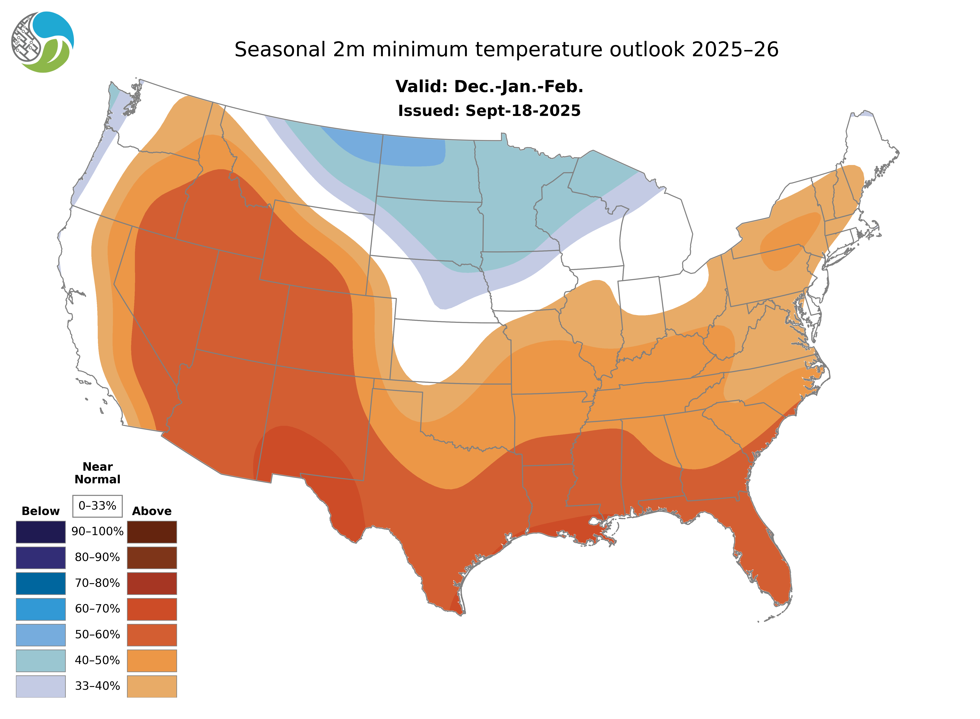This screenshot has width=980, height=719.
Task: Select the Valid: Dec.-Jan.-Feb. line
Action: pos(489,87)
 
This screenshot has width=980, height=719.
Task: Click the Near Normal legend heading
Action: pos(97,473)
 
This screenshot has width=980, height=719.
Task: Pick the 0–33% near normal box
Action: pos(97,506)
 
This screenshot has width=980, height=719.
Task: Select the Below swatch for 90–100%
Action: pos(40,532)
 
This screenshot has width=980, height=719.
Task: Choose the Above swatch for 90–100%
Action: pos(152,532)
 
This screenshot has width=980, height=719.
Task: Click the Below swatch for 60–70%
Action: pos(40,609)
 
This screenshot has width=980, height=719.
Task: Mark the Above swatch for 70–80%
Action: pos(152,583)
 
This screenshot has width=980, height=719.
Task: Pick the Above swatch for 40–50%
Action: pos(152,660)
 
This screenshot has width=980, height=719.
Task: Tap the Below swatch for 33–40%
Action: pos(40,686)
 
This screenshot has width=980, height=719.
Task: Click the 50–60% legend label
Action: pos(97,635)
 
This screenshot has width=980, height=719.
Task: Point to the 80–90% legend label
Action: pos(97,557)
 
